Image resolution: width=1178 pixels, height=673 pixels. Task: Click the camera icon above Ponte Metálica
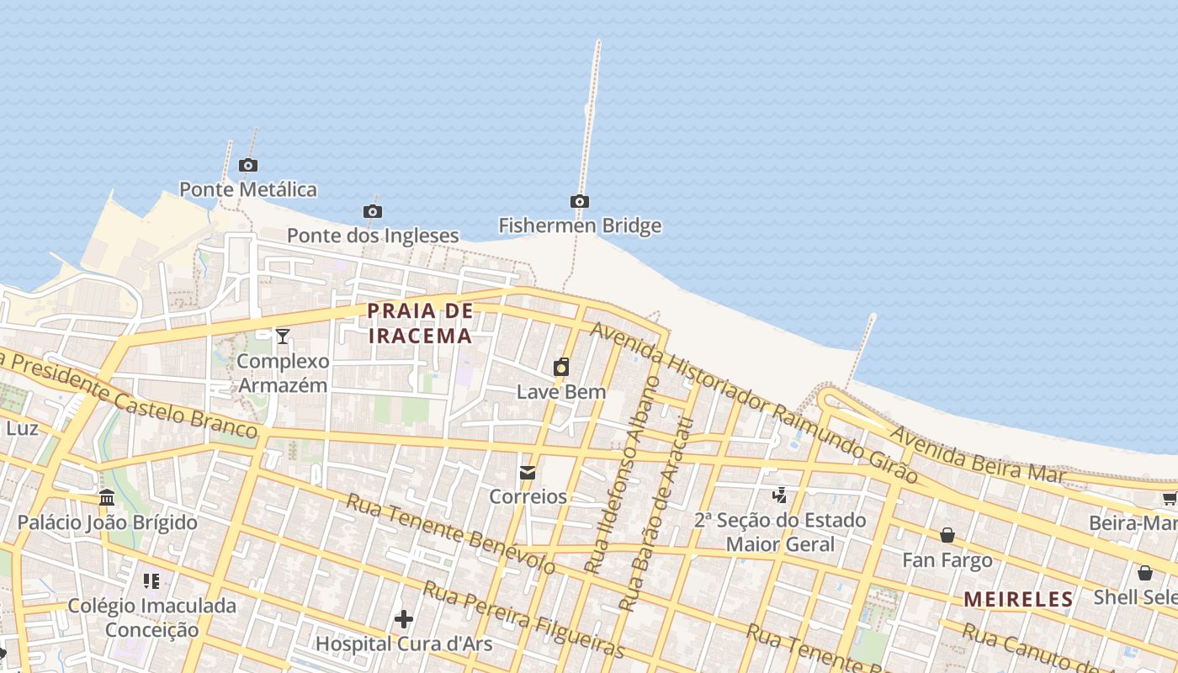click(x=247, y=166)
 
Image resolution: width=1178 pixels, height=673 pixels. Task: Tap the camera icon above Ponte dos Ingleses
click(x=372, y=211)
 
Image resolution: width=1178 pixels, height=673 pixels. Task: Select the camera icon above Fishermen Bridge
click(x=579, y=202)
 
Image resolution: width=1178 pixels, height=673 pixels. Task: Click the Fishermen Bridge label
click(x=580, y=225)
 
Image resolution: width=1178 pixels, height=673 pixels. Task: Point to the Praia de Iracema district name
click(x=420, y=323)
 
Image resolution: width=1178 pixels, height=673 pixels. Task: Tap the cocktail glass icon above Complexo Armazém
click(x=283, y=336)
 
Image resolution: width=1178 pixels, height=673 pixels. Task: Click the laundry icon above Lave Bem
click(x=561, y=368)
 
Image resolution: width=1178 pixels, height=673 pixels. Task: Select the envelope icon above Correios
click(x=528, y=473)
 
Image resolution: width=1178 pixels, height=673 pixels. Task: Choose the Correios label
click(x=528, y=496)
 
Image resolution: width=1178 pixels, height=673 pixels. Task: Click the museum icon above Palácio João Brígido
click(x=107, y=498)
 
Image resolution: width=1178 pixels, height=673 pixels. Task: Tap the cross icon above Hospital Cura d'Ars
click(x=404, y=620)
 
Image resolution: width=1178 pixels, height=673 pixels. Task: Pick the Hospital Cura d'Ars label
click(x=404, y=644)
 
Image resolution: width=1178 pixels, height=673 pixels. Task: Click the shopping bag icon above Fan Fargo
click(x=947, y=535)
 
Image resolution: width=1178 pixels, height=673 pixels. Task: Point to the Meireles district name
click(x=1018, y=600)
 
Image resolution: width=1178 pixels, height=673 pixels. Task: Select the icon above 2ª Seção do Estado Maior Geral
click(x=780, y=495)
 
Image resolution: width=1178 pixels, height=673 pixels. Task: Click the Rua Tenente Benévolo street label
click(x=451, y=533)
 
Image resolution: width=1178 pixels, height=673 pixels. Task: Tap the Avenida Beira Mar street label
click(x=977, y=454)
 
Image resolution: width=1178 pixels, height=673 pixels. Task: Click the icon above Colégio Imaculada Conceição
click(x=151, y=580)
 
